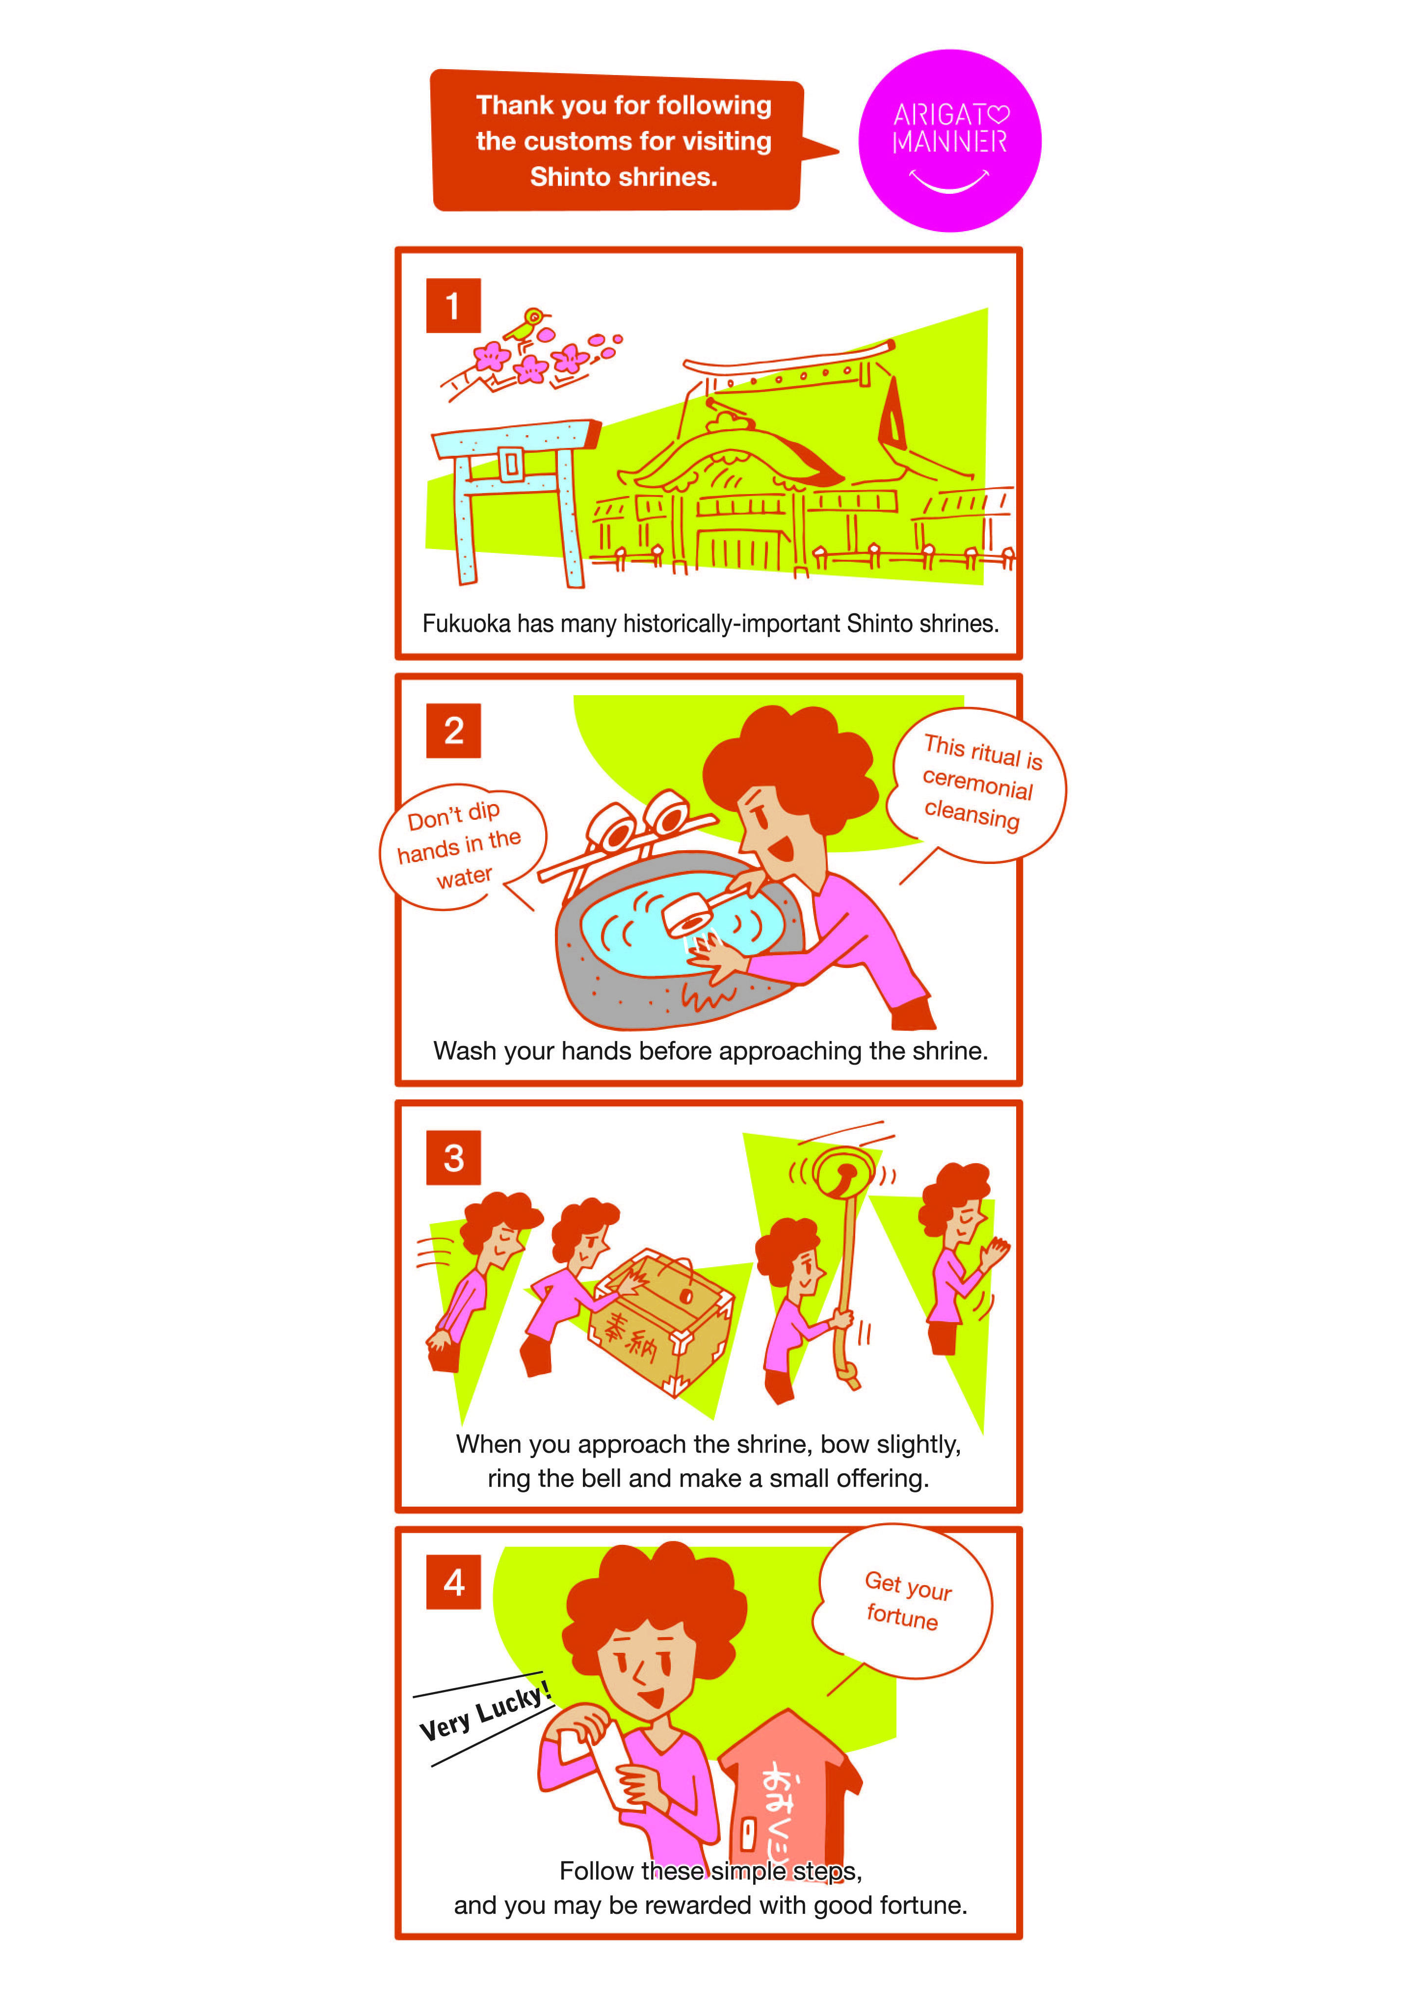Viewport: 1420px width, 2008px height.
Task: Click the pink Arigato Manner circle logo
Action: pos(949,141)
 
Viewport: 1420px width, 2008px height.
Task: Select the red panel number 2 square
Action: pos(453,730)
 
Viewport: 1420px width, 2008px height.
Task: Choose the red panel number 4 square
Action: pos(453,1582)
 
